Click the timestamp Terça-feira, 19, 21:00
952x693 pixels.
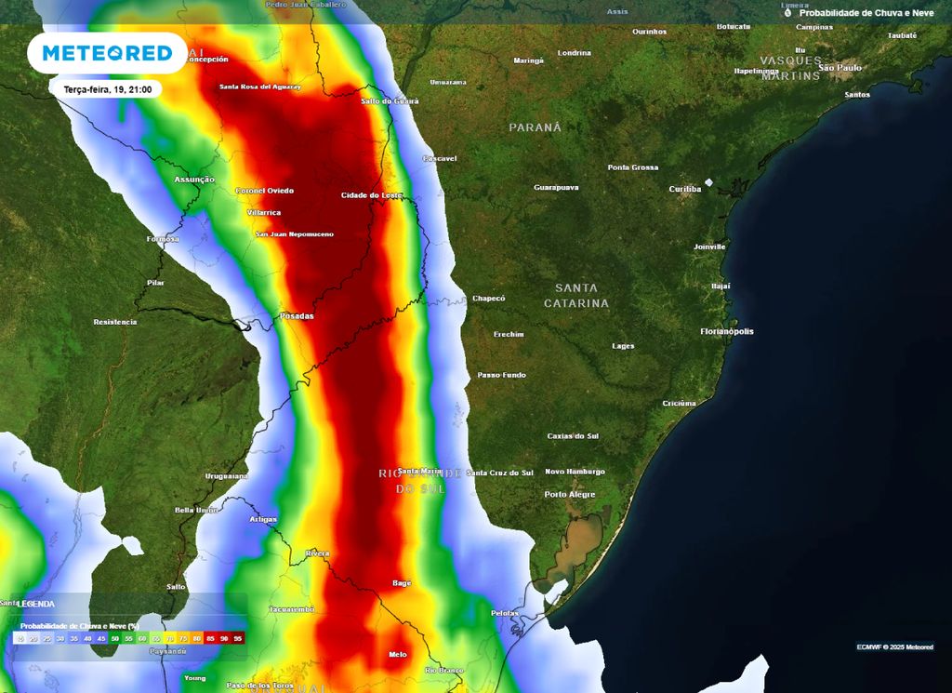tap(107, 89)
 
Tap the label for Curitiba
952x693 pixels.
tap(685, 189)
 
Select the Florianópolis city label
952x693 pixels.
tap(727, 331)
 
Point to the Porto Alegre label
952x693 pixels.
tap(570, 494)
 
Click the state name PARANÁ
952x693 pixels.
tap(535, 127)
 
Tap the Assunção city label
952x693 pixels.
tap(194, 179)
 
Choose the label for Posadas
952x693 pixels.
tap(297, 316)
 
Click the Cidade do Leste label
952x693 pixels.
tap(372, 194)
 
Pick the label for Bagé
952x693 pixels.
tap(402, 583)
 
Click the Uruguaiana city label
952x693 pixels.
tap(227, 476)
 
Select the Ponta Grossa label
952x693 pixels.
tap(633, 167)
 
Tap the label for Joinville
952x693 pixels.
tap(709, 247)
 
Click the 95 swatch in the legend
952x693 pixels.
tap(239, 638)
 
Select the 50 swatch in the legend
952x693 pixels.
tap(115, 638)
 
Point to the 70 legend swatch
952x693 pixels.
tap(170, 638)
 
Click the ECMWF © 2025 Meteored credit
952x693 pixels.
tap(895, 646)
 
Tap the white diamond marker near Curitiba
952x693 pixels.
tap(709, 182)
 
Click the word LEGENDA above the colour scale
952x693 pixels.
tap(37, 604)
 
